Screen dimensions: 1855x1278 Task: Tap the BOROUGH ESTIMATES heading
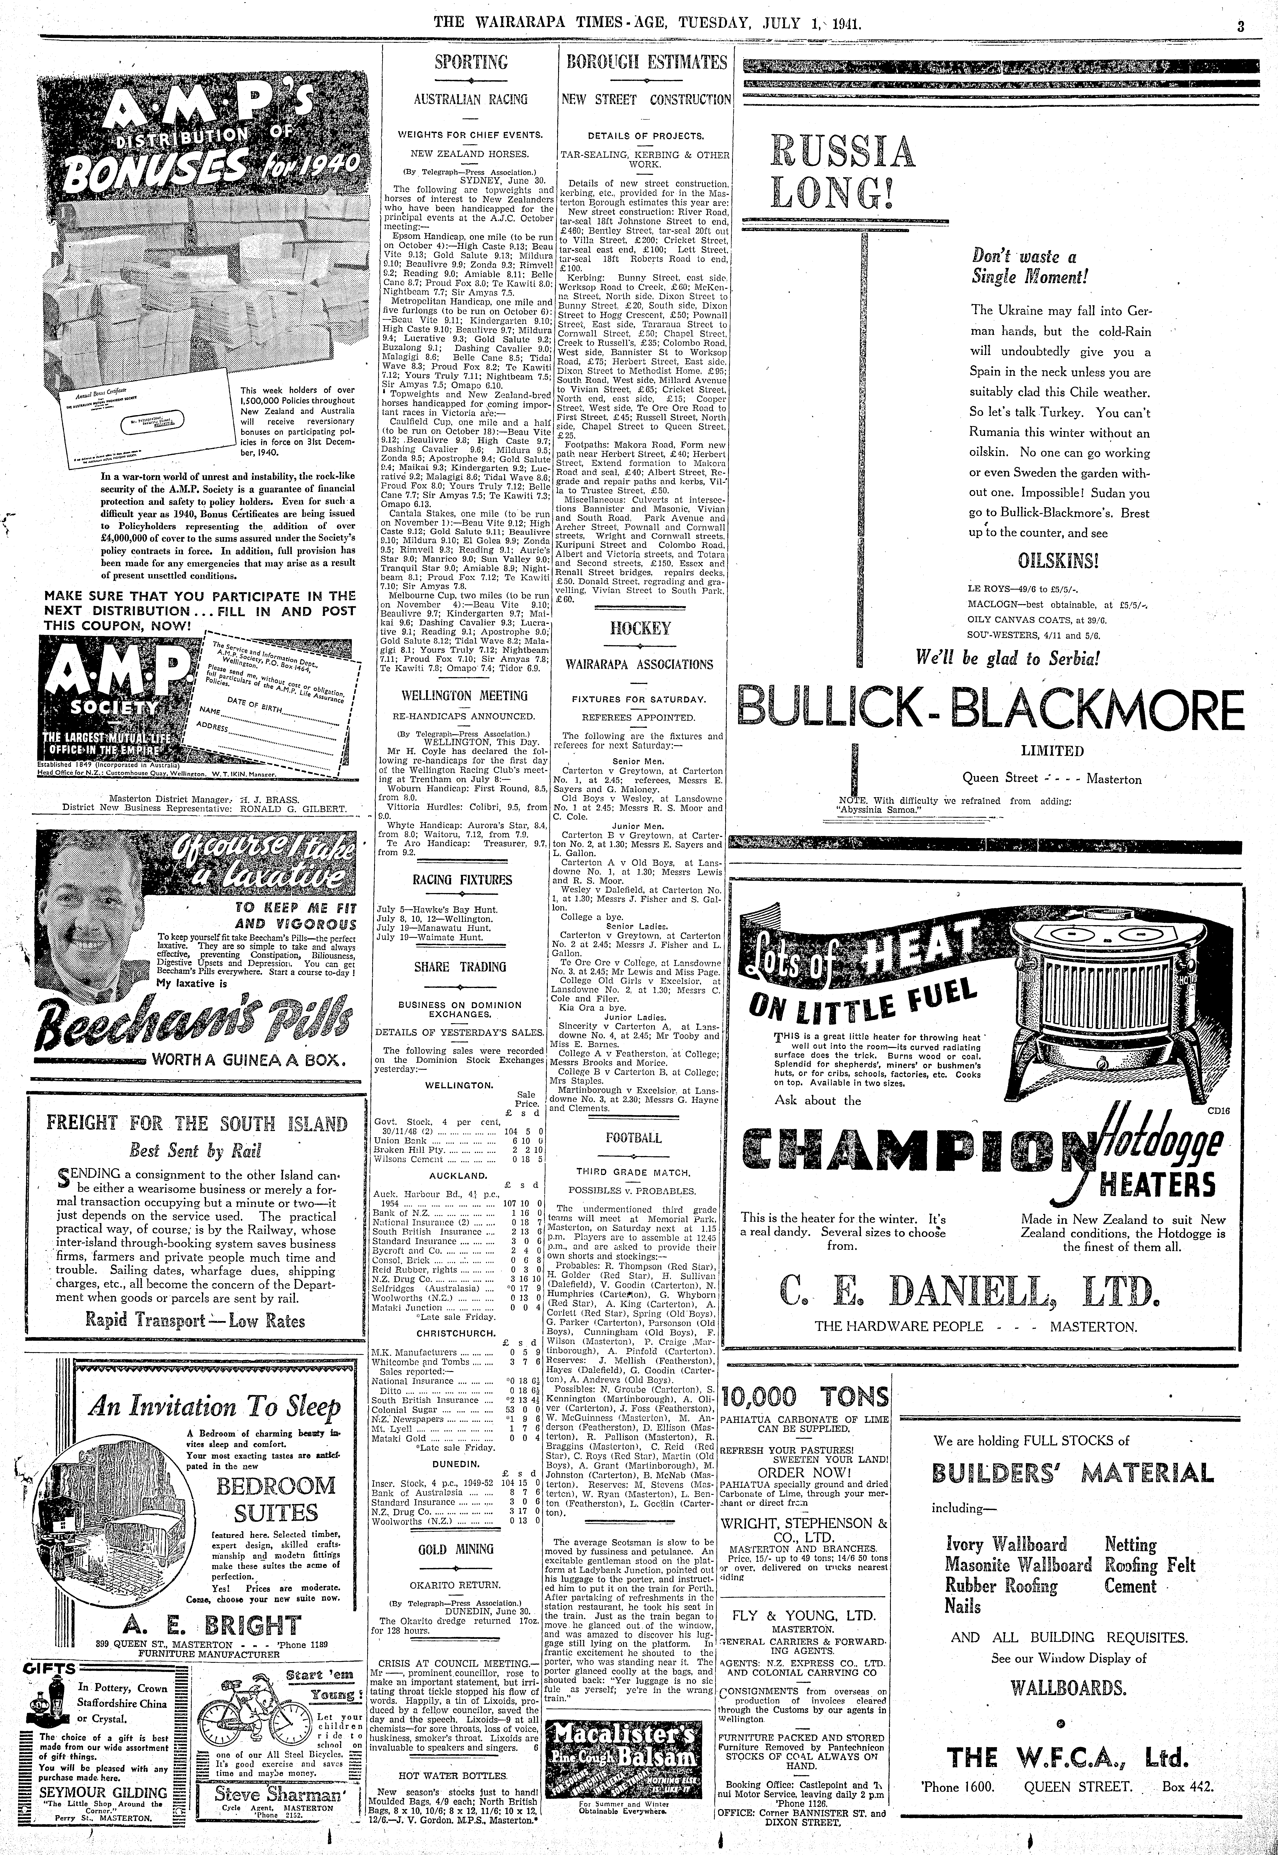click(x=645, y=62)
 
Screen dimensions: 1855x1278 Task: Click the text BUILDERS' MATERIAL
click(x=1072, y=1473)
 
